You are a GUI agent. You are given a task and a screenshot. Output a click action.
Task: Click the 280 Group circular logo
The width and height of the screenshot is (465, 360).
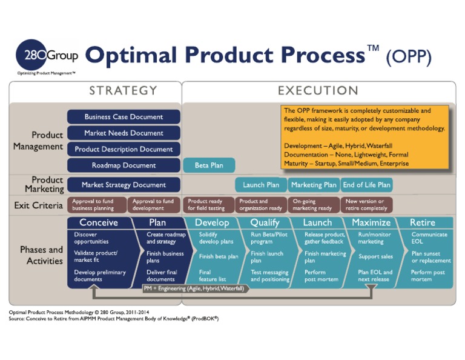click(30, 56)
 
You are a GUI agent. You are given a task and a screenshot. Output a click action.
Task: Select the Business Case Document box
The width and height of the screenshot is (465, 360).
click(124, 117)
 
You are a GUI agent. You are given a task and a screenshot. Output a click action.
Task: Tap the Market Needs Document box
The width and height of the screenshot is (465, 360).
click(124, 133)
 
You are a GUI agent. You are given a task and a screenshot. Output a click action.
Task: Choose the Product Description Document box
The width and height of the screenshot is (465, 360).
click(124, 149)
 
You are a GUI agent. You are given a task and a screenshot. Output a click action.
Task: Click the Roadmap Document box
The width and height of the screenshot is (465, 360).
click(124, 165)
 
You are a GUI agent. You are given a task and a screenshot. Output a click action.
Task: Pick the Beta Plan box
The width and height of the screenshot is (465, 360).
click(209, 165)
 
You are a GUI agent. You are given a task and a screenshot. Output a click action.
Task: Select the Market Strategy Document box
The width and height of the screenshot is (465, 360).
click(124, 184)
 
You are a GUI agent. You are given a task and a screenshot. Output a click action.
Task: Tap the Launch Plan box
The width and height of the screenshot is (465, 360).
click(261, 185)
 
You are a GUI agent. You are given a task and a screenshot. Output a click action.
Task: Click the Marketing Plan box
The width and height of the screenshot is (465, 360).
click(313, 185)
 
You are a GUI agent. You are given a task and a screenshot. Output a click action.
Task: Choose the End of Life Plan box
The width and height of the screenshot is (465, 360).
click(366, 185)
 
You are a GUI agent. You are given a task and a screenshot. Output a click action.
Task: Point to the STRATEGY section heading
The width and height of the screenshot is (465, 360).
click(123, 91)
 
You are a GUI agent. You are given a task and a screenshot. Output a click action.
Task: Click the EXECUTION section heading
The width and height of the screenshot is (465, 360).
click(318, 91)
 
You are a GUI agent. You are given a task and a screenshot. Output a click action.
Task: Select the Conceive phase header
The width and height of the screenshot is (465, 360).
click(99, 222)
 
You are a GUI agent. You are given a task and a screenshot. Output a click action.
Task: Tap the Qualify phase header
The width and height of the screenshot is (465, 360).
click(265, 222)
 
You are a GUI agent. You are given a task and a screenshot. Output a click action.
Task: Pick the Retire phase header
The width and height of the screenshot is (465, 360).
click(422, 222)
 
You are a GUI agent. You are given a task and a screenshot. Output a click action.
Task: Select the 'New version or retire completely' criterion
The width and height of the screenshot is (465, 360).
click(366, 205)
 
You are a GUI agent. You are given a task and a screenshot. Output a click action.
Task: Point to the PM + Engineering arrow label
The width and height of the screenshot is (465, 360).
click(194, 288)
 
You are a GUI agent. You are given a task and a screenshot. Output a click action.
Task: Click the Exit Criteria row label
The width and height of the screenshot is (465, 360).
click(39, 205)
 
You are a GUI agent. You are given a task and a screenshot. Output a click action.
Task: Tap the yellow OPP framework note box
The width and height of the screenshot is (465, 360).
click(365, 137)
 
